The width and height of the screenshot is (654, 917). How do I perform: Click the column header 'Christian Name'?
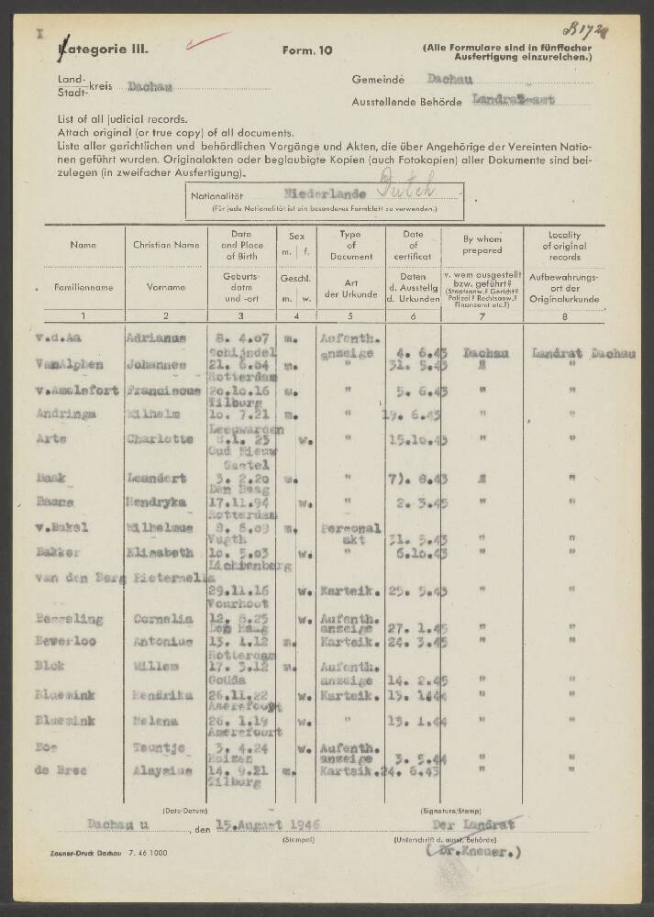click(166, 246)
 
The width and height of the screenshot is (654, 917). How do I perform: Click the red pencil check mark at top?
click(206, 40)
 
